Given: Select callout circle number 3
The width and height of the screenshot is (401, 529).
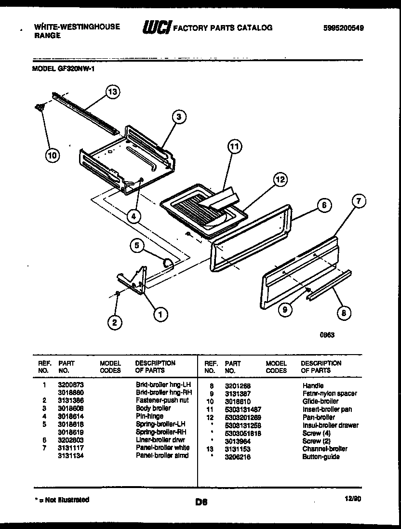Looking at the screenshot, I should click(179, 116).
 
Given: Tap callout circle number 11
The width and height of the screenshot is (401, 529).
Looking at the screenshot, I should click(234, 148).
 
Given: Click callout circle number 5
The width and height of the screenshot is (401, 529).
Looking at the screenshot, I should click(137, 246).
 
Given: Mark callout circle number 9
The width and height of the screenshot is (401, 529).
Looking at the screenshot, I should click(285, 310).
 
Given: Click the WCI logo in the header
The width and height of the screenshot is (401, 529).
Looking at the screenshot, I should click(157, 28).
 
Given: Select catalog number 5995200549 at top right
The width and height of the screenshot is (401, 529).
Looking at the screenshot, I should click(343, 28).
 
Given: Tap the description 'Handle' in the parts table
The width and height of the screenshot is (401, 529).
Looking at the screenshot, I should click(313, 386).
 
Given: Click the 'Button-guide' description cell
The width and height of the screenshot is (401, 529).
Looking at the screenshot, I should click(321, 457).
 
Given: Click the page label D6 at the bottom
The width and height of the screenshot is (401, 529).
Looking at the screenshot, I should click(201, 503).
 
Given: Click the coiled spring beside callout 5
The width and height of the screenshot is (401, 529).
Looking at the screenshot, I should click(168, 263).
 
